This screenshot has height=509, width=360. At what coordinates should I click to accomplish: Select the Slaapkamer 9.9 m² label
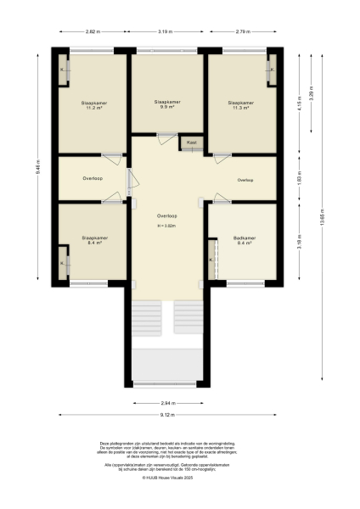[166, 104]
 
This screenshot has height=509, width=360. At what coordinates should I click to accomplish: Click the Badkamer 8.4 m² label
[245, 241]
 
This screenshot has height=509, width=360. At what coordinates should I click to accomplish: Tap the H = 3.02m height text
[166, 226]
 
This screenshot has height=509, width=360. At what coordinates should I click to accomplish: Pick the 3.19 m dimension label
[166, 31]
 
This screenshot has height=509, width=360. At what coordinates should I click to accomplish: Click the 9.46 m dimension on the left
[38, 168]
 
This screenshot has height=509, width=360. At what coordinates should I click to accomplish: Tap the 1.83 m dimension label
[299, 178]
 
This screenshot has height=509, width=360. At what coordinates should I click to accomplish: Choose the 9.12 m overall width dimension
[166, 415]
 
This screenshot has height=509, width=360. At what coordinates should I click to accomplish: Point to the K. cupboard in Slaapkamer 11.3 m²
[272, 71]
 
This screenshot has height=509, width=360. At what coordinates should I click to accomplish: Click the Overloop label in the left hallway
[93, 179]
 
